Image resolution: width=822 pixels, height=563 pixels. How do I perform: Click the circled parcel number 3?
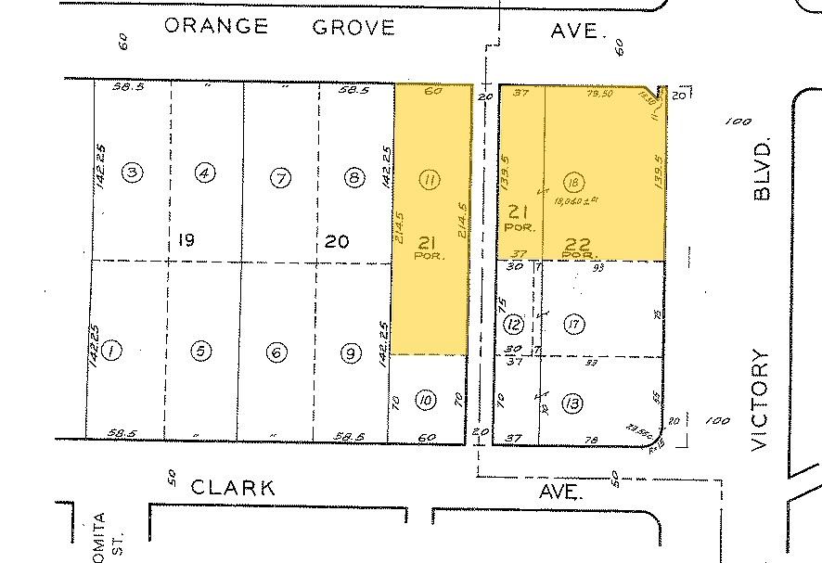[x=133, y=173]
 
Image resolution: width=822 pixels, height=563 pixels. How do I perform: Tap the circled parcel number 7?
[x=279, y=177]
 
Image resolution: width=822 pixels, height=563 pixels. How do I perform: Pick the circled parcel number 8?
[x=353, y=178]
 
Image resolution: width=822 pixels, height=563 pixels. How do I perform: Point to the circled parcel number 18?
[x=574, y=182]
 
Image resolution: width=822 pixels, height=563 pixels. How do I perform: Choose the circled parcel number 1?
[x=111, y=351]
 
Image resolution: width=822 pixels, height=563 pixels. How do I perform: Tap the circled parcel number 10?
[x=425, y=401]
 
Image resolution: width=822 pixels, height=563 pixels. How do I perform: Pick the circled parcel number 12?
[x=513, y=325]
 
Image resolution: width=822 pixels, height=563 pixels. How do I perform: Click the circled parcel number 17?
[x=574, y=324]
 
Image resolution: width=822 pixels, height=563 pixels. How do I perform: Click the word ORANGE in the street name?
[x=216, y=26]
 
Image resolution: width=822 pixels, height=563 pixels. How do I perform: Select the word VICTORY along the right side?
[x=763, y=400]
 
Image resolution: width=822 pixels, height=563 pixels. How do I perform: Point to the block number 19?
[x=186, y=241]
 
